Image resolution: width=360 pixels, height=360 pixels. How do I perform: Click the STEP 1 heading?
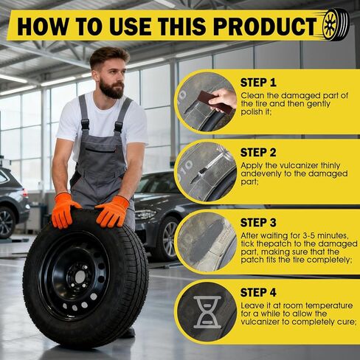coord(259,83)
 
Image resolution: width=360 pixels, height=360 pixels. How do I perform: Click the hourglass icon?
coord(207,312)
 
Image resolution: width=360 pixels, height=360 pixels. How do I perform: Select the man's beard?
coord(111,89)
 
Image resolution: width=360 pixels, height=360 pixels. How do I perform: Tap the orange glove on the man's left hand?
coord(113,212)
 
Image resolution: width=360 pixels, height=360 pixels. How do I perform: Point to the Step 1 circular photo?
coord(207,102)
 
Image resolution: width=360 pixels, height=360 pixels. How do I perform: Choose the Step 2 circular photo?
coord(207,172)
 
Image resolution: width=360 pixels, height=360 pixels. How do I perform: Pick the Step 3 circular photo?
coord(207,242)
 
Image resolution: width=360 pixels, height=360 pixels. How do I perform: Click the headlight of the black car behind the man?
coord(146,214)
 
